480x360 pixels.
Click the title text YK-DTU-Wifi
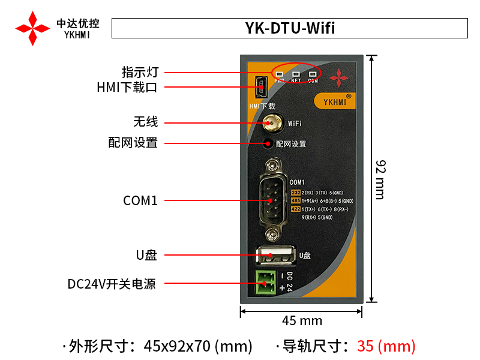point(290,28)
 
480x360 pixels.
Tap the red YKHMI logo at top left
point(32,28)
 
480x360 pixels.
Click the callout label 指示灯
point(140,73)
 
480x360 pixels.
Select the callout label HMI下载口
point(127,88)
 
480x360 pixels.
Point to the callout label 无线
point(145,122)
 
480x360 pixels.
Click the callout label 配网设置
point(133,143)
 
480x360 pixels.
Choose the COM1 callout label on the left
point(140,201)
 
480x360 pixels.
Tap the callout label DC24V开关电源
point(112,284)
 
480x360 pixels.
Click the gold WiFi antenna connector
point(272,123)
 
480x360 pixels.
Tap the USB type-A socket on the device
point(275,255)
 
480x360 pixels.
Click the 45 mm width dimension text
point(302,321)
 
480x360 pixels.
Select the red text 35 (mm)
point(386,346)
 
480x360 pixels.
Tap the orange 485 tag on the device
point(295,200)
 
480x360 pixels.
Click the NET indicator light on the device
point(296,75)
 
